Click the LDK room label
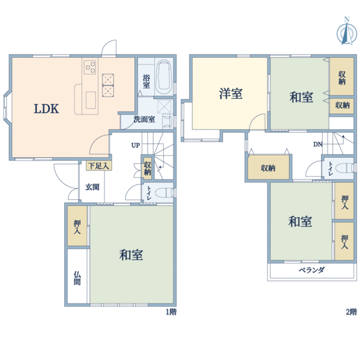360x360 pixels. [x=46, y=109]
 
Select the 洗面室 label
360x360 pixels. [x=144, y=119]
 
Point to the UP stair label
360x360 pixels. [x=136, y=146]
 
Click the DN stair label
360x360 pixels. [x=318, y=145]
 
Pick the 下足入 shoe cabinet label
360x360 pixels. [x=98, y=165]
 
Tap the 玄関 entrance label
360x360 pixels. [x=92, y=187]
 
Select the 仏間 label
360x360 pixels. [x=77, y=278]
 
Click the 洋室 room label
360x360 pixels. [x=230, y=94]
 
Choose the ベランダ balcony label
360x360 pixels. [x=311, y=270]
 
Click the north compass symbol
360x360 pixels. [x=346, y=32]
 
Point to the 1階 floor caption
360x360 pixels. [x=171, y=312]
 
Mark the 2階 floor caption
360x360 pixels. [x=351, y=312]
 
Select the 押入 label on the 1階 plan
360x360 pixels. [x=77, y=225]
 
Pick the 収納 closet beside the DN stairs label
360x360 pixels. [x=268, y=168]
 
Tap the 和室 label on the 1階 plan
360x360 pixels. [x=131, y=255]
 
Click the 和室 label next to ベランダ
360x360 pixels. [x=300, y=222]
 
